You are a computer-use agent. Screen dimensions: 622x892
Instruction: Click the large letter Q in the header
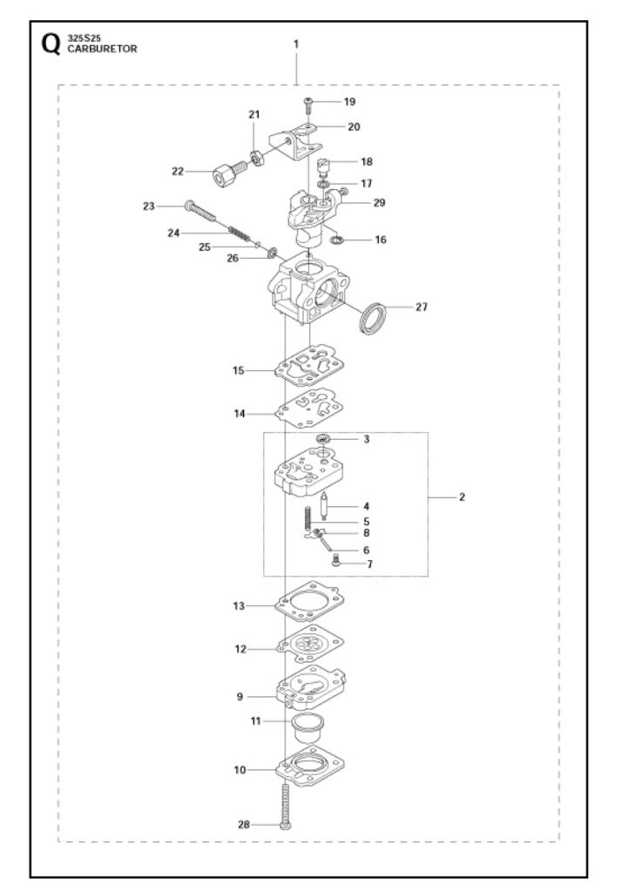[x=51, y=44]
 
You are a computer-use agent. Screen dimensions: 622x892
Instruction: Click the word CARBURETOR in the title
[x=103, y=49]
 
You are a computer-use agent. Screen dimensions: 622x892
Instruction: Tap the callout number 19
[x=349, y=101]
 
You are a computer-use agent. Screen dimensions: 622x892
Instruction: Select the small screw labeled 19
[x=308, y=105]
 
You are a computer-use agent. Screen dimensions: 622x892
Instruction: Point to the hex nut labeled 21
[x=256, y=158]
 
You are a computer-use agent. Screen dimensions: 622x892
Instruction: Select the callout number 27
[x=421, y=307]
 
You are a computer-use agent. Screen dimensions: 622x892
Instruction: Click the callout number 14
[x=240, y=414]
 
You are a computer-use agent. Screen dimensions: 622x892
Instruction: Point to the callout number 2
[x=462, y=497]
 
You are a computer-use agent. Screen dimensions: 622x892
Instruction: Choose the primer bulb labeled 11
[x=308, y=726]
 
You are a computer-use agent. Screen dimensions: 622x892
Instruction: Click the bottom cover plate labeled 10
[x=311, y=766]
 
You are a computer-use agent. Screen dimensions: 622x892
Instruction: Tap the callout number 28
[x=244, y=824]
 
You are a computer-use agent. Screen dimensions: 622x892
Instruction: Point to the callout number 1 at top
[x=296, y=44]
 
